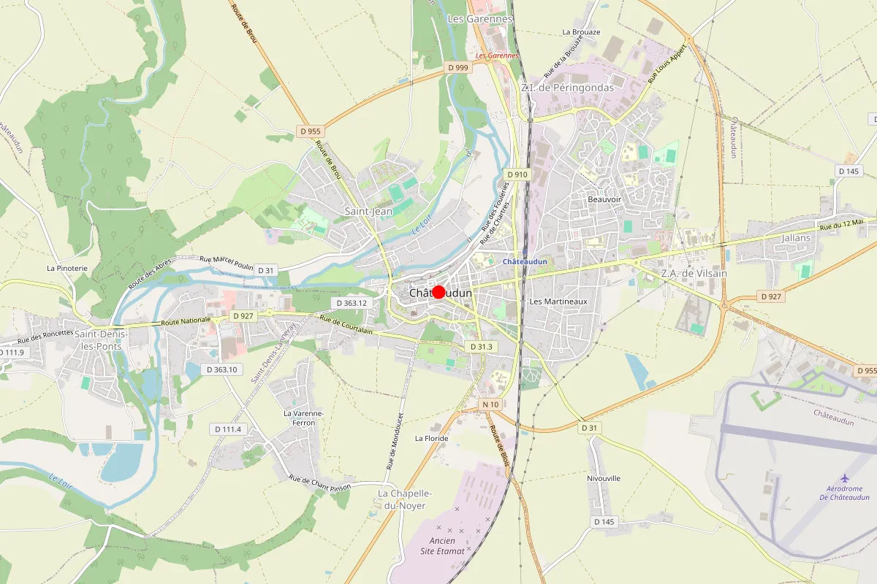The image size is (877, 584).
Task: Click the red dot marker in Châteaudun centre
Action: [x=438, y=292]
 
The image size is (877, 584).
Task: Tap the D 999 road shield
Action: [x=458, y=67]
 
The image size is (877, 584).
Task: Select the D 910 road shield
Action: [x=517, y=174]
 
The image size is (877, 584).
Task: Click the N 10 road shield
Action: [x=490, y=404]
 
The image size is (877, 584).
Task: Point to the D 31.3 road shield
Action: [x=482, y=347]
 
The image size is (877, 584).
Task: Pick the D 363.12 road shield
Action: [x=350, y=302]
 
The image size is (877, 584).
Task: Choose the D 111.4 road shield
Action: [x=228, y=429]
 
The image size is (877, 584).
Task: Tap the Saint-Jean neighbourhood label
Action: [x=368, y=212]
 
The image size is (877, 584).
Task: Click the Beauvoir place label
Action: [x=604, y=199]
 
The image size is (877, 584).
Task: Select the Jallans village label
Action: [x=796, y=238]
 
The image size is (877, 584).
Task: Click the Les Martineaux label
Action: [x=558, y=301]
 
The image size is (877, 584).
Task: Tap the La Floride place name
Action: [x=431, y=438]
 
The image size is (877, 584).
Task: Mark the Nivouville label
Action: [x=604, y=478]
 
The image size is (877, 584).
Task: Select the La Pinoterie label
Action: [x=67, y=268]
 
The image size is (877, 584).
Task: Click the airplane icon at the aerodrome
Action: [x=846, y=477]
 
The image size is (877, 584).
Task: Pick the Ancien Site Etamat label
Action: [x=443, y=546]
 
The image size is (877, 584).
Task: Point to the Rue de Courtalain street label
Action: [x=346, y=326]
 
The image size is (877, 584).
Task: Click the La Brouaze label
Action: [x=581, y=32]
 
